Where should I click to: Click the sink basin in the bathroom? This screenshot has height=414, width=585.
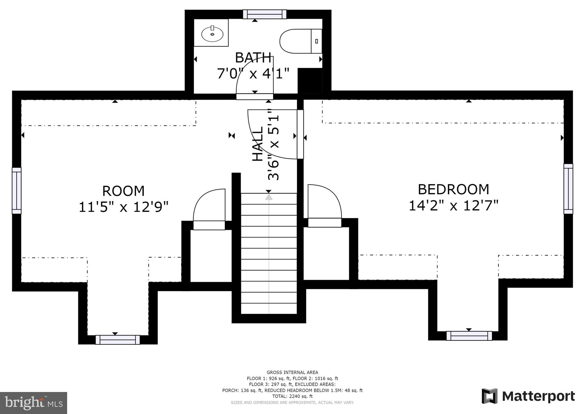(212, 34)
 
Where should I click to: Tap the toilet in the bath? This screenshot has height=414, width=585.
(301, 41)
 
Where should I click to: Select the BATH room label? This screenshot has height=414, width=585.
(253, 58)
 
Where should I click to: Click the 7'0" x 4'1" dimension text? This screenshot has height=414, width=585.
(253, 73)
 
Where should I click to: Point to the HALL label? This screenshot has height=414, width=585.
(257, 144)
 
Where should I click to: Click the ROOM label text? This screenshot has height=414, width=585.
(123, 191)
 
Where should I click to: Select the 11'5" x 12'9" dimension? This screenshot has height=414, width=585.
(123, 207)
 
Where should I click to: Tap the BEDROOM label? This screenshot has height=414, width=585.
(453, 189)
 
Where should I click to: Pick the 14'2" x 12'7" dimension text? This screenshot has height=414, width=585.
(453, 205)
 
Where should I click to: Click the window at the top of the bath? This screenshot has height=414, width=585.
(265, 14)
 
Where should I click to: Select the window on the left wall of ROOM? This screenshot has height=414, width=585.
(17, 191)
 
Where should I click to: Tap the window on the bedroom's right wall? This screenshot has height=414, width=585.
(568, 189)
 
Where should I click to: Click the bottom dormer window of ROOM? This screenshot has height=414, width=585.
(118, 340)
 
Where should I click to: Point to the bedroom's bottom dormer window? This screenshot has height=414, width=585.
(469, 336)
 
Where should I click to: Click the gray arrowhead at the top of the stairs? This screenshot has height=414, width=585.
(269, 197)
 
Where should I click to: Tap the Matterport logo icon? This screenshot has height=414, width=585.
(490, 396)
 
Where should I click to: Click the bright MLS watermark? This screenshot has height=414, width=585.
(34, 403)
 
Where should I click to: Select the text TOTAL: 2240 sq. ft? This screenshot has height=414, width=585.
(292, 396)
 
